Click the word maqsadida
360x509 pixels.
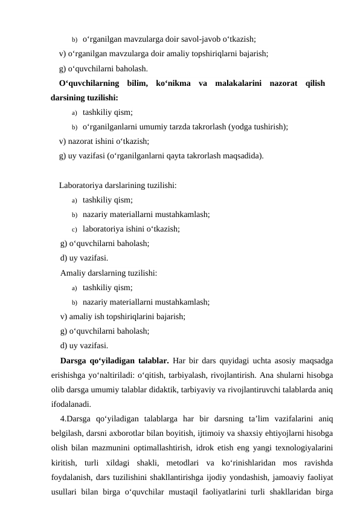pyautogui.click(x=243, y=156)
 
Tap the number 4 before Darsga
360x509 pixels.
pyautogui.click(x=63, y=420)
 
